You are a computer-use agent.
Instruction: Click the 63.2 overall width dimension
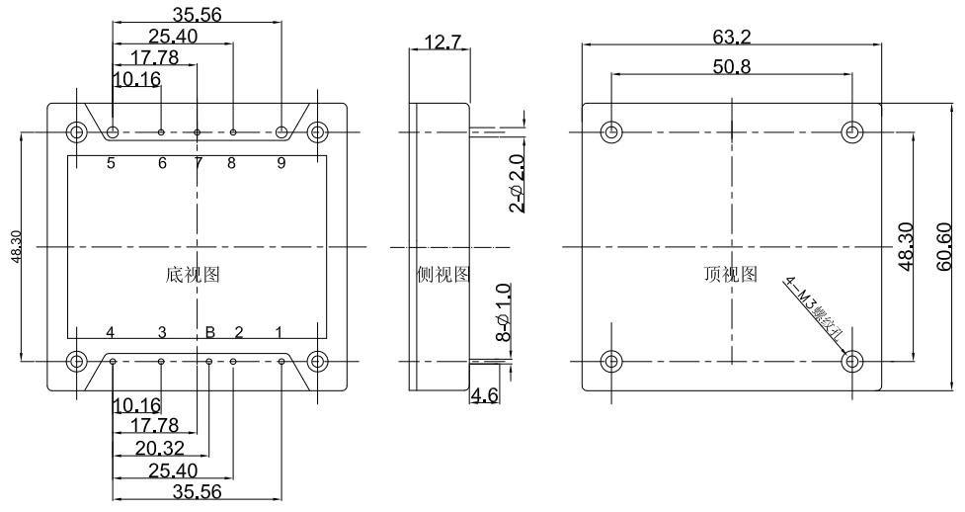732,38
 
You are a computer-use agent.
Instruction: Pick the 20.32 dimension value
157,448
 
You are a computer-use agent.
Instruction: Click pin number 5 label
112,163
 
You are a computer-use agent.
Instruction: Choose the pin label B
209,332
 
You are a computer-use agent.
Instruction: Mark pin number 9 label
281,163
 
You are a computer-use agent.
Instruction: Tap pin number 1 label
280,332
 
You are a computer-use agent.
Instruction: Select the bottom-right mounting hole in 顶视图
852,361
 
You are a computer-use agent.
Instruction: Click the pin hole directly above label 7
198,131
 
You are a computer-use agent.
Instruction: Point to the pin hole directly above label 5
114,131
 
